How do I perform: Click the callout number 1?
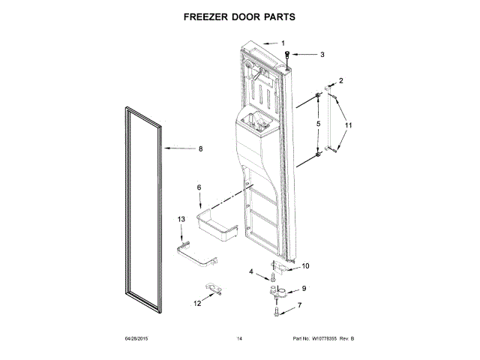click(283, 43)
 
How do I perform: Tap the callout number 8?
click(201, 148)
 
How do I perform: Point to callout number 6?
click(199, 187)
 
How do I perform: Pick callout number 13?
click(180, 218)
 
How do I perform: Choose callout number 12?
click(197, 304)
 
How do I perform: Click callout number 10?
click(305, 265)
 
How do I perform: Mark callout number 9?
click(304, 289)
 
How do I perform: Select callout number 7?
click(300, 305)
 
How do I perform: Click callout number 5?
click(318, 124)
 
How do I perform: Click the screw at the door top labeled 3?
click(289, 55)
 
